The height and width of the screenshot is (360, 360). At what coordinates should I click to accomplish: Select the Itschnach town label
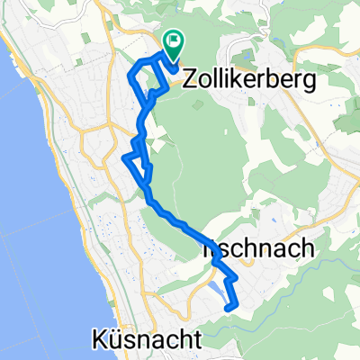[263, 250]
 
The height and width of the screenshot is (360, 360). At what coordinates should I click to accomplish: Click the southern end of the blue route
[234, 308]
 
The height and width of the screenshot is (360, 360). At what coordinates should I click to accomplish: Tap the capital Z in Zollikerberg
[191, 80]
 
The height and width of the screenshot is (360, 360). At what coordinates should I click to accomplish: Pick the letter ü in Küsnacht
[116, 339]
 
